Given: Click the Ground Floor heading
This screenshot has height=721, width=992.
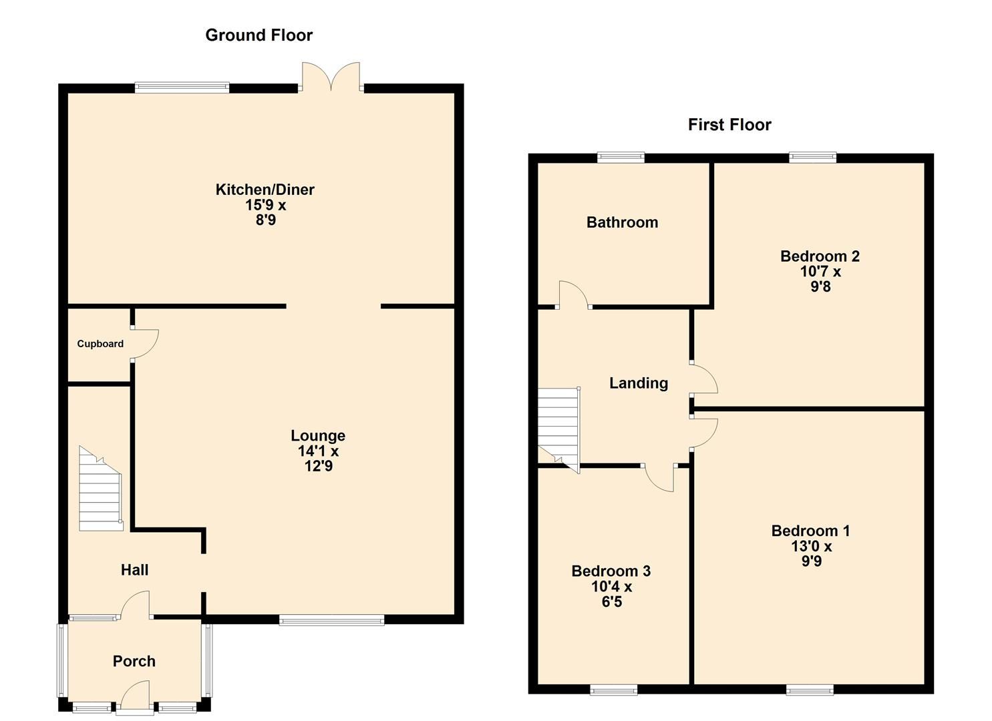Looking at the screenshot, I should pos(259,35).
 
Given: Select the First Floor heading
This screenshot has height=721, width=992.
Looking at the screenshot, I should pos(729,125).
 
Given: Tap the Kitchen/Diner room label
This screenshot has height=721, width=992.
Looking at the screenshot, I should pos(265,190).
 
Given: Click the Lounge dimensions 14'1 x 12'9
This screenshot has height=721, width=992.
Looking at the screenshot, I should pos(318,459).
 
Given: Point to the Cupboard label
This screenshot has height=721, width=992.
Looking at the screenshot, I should pos(100,344).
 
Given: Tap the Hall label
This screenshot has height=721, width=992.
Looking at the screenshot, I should pos(134,570).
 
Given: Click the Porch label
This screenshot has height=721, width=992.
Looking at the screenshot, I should pos(134,662).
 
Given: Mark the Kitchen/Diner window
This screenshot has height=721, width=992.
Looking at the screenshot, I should pos(182,87).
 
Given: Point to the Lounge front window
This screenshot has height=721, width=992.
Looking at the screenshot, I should pos(331,620).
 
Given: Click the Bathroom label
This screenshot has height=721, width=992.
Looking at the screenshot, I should pos(622,223).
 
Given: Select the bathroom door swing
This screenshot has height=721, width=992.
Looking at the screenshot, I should pos(573,295).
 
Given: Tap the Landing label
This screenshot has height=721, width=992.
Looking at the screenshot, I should pos(638,383).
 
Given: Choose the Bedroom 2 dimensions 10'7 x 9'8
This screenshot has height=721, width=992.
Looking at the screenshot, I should pos(820,280).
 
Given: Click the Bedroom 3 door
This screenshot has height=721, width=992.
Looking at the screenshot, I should pos(660,477).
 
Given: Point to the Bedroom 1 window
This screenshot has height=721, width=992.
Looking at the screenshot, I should pos(810,690).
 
